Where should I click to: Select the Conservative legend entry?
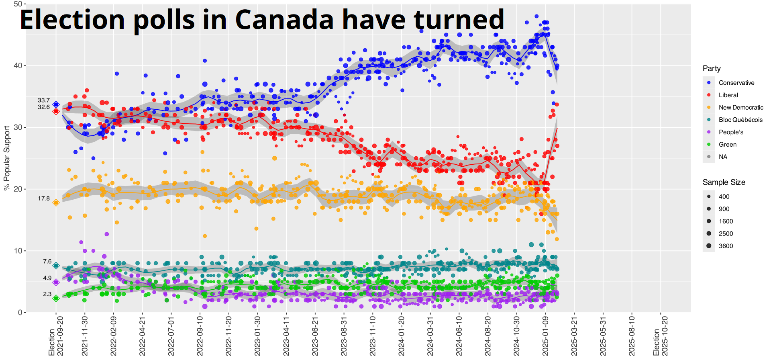coord(736,83)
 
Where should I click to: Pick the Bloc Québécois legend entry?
coord(740,120)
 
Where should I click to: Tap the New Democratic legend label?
coord(740,107)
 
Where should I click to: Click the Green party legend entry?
coord(727,145)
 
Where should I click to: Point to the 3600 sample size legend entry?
coord(725,246)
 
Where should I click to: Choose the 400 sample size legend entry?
coord(724,196)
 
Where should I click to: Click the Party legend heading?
coord(711,68)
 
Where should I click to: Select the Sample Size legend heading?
coord(724,182)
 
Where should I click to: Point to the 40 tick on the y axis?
coord(18,65)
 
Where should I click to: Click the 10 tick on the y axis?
coord(18,251)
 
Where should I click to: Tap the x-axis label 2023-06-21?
coord(315,335)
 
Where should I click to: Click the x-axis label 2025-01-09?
coord(545,335)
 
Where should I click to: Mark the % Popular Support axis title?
coord(6,158)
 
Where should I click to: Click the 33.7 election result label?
coord(44,100)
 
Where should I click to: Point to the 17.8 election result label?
coord(44,198)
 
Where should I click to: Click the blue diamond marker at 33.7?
coord(56,104)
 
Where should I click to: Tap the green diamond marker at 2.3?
coord(56,298)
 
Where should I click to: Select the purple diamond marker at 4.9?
coord(56,282)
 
